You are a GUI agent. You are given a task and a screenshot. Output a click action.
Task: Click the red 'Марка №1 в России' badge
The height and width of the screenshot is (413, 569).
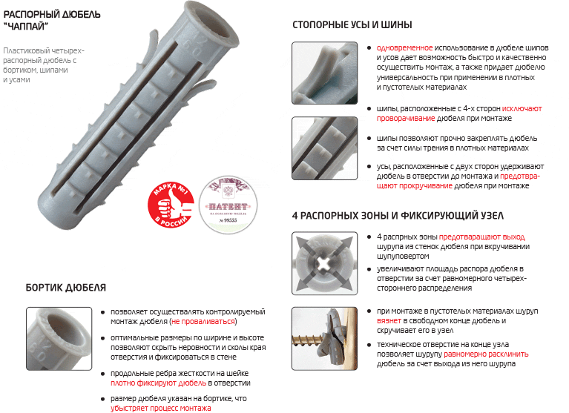[x=171, y=198]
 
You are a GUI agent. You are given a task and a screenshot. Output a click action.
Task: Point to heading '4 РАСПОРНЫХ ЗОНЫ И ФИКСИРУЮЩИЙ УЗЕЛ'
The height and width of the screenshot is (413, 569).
[x=398, y=216]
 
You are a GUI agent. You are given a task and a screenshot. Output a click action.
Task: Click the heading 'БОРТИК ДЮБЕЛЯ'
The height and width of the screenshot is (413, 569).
[x=65, y=287]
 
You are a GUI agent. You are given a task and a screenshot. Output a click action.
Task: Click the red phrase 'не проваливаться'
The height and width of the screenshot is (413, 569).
[x=203, y=322]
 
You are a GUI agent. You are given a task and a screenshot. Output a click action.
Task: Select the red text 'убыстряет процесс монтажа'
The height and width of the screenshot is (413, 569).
[x=161, y=408]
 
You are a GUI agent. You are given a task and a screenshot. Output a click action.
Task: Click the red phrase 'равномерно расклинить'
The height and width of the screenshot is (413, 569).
[x=493, y=354]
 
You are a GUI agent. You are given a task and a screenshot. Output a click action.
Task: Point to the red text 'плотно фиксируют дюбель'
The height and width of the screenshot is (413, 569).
[x=158, y=383]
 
